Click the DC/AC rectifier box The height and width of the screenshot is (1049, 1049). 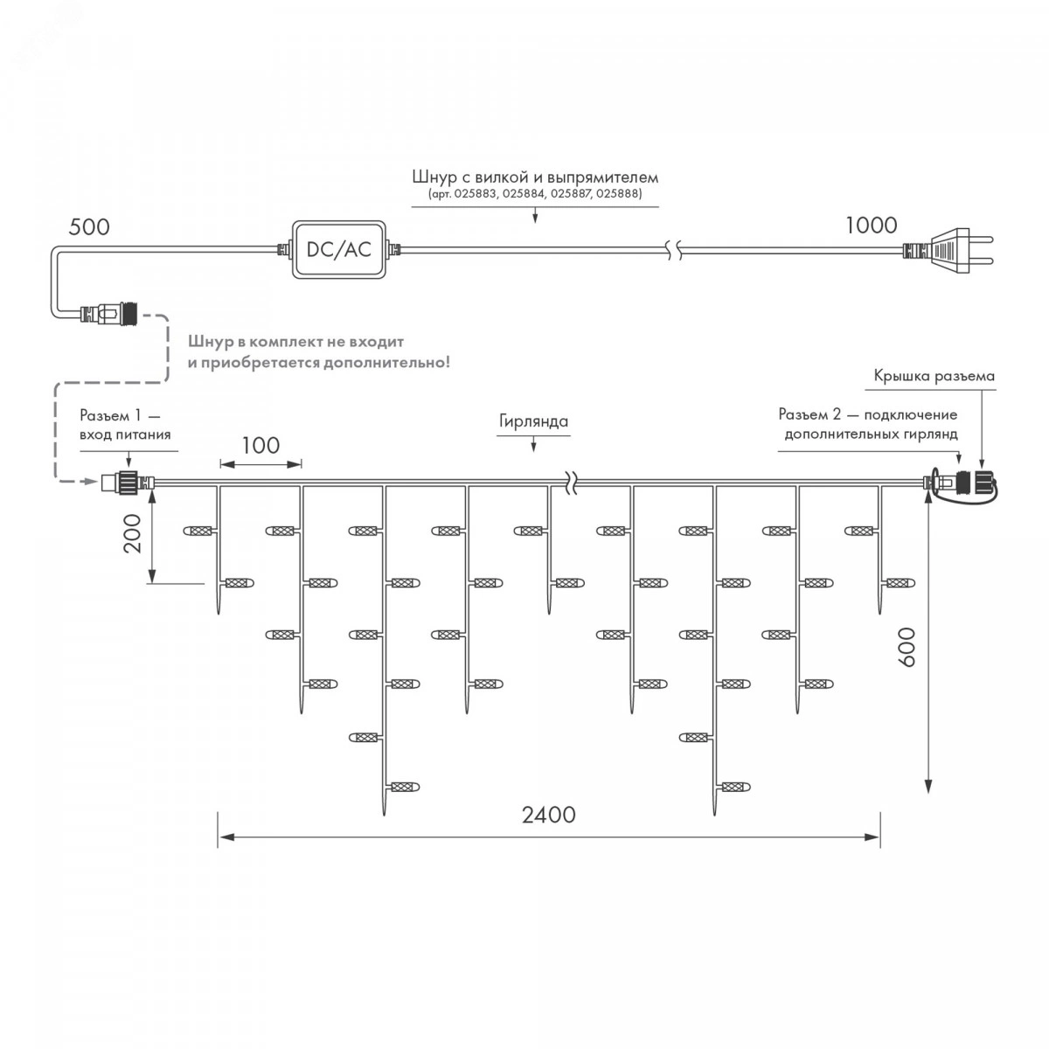click(338, 249)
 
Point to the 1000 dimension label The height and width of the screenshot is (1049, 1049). click(871, 225)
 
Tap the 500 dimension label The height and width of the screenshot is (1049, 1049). click(89, 227)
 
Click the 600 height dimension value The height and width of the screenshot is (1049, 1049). click(907, 647)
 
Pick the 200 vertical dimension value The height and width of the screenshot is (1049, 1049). click(132, 533)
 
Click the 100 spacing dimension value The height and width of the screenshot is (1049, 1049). click(261, 445)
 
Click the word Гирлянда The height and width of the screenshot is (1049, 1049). click(533, 421)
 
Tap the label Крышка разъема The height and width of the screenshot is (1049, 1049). click(934, 376)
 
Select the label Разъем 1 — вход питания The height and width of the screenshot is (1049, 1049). click(125, 425)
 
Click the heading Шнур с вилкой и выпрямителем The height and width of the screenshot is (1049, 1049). click(535, 177)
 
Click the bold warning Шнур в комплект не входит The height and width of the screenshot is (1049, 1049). click(296, 342)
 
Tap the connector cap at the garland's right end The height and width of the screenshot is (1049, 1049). click(985, 481)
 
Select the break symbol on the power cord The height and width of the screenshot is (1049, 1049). click(675, 250)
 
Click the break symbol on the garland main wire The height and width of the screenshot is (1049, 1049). click(571, 483)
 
